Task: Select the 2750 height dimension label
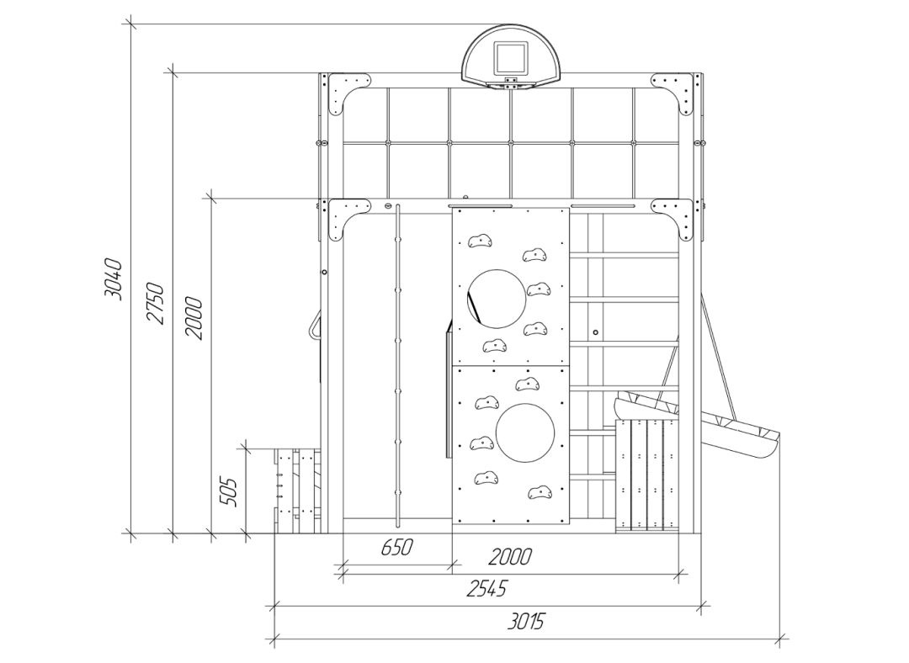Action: [x=155, y=303]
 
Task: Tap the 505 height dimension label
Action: [x=229, y=491]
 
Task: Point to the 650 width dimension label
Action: [x=397, y=547]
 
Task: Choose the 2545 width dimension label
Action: [x=486, y=588]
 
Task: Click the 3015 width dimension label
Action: [x=526, y=623]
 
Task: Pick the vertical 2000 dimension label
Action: [x=194, y=318]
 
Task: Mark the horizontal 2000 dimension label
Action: [x=509, y=557]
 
